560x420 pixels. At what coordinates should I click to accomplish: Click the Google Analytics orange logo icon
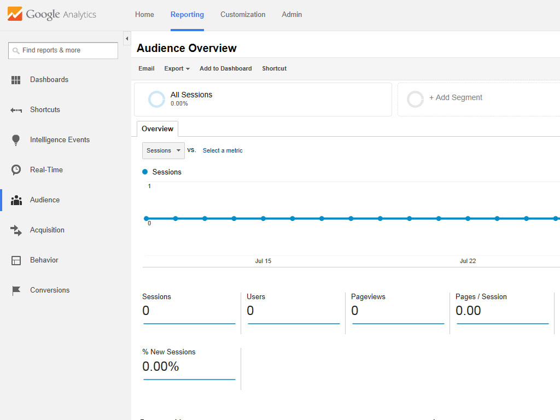pos(15,14)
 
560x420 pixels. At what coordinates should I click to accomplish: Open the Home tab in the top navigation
pos(144,15)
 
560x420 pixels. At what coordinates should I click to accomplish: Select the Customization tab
pos(243,15)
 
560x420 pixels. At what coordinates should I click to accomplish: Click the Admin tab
pos(292,15)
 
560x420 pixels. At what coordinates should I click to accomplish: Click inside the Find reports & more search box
pos(63,50)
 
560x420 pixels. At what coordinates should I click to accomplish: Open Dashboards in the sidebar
pos(49,80)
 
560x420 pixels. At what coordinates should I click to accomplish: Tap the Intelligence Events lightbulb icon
pos(16,140)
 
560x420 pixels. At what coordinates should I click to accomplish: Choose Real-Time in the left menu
pos(46,170)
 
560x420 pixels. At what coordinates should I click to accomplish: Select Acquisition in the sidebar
pos(47,230)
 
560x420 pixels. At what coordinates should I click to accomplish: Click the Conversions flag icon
pos(16,290)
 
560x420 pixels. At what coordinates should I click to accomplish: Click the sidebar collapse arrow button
pos(127,39)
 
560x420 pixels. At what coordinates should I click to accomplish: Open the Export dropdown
pos(177,68)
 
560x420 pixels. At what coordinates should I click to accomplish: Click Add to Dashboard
pos(226,68)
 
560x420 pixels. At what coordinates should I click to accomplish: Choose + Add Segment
pos(456,97)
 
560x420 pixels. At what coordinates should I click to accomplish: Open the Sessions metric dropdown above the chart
pos(163,151)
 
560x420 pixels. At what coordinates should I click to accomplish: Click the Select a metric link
pos(223,151)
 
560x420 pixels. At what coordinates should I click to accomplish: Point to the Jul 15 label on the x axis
pos(263,261)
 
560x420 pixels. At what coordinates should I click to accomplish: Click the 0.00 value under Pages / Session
pos(468,311)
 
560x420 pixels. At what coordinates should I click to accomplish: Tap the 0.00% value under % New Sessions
pos(161,366)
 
